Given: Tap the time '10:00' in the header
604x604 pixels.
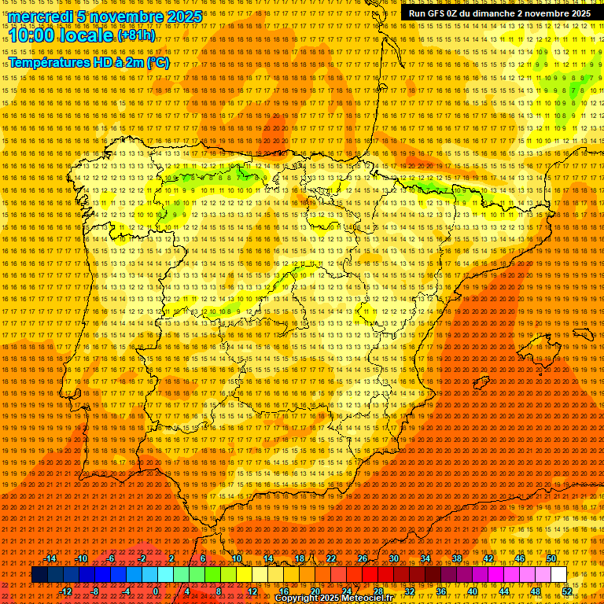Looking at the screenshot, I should (31, 35).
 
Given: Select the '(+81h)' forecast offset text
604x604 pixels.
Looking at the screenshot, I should (137, 36).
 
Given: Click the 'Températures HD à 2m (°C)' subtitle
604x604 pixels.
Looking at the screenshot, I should (88, 63).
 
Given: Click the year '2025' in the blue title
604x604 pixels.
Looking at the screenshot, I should (183, 17).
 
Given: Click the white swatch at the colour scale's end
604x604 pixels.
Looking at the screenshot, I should (558, 575).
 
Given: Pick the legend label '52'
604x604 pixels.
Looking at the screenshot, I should (566, 591).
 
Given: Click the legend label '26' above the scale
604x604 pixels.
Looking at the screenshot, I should (363, 558).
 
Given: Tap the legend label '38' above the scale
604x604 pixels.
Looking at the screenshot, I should (456, 558).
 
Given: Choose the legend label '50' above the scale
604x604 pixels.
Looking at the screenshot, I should (551, 558).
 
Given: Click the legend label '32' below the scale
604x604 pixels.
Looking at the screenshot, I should (409, 591).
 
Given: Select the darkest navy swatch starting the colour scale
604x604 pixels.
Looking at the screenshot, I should (39, 575).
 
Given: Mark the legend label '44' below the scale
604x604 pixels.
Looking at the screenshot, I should (503, 591).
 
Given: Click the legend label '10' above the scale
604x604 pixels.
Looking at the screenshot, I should (237, 558).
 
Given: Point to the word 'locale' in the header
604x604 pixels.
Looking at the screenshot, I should (85, 35).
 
